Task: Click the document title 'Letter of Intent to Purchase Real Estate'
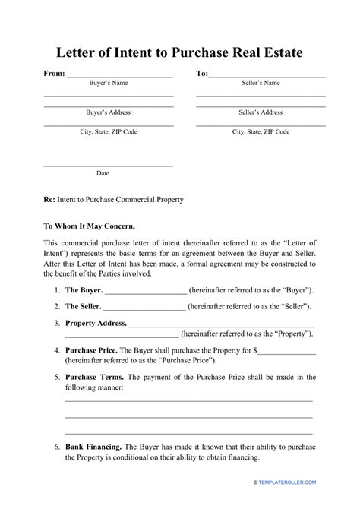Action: click(180, 53)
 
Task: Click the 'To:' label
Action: click(202, 74)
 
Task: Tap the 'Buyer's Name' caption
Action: click(108, 83)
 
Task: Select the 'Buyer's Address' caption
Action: click(108, 112)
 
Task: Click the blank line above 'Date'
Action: click(108, 165)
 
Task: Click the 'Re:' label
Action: click(49, 200)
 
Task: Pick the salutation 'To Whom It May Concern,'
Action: click(89, 226)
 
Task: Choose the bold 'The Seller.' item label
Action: click(83, 306)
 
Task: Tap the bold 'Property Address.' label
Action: click(96, 322)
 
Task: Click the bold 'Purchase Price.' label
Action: click(92, 350)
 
